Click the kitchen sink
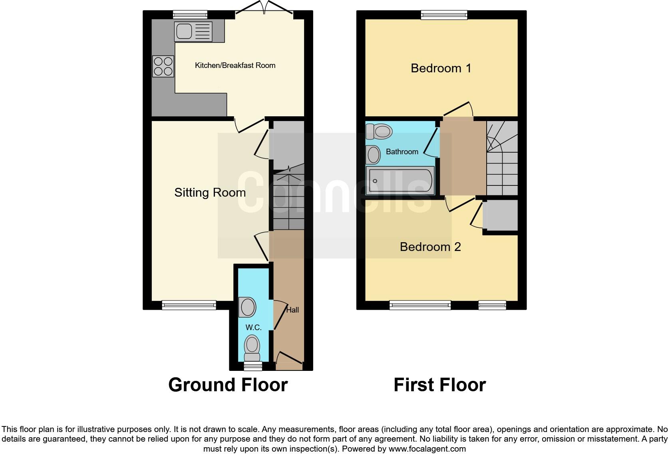(193, 32)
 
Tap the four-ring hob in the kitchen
(163, 66)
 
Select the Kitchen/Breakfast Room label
(235, 65)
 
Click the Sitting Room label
(210, 193)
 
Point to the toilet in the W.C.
(252, 348)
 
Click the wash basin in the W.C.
(247, 307)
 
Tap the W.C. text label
(253, 327)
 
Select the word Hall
(292, 310)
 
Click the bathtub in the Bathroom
(400, 181)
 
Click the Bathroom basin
(373, 155)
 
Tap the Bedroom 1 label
(441, 68)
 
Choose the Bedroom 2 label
(430, 247)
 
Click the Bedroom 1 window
(444, 15)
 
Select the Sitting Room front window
(189, 305)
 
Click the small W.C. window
(253, 366)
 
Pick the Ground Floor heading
(228, 385)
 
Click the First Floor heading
(439, 385)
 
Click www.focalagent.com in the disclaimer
(427, 449)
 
